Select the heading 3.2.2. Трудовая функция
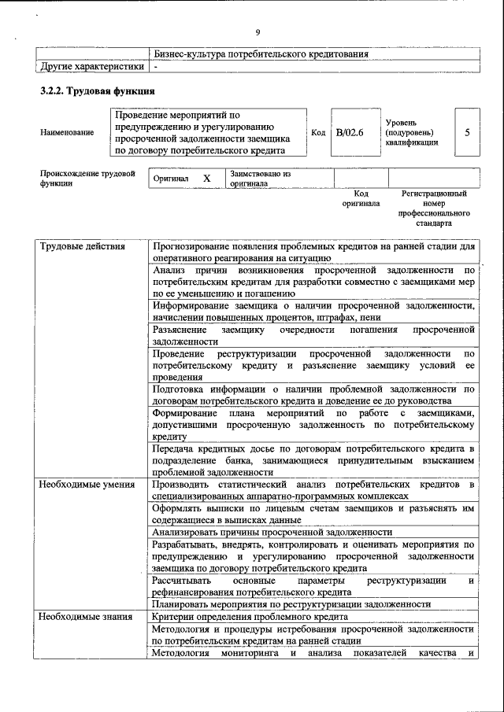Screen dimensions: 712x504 click(x=97, y=91)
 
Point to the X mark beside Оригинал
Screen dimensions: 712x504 click(x=207, y=178)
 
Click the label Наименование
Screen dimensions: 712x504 click(x=66, y=132)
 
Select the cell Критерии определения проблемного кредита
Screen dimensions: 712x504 click(x=250, y=617)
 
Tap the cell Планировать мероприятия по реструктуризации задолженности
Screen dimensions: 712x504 click(x=291, y=603)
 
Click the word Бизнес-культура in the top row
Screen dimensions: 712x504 click(x=189, y=53)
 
